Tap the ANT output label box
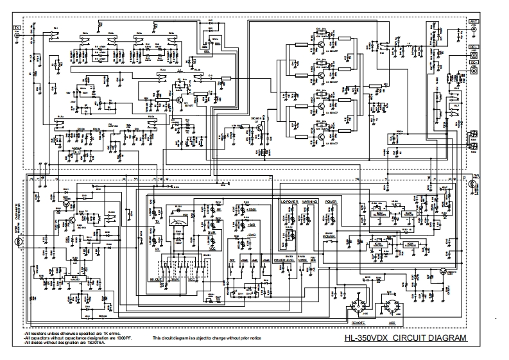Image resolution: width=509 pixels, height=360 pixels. (474, 21)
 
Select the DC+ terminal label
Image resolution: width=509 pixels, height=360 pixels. (474, 47)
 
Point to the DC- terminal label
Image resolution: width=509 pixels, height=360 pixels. (474, 63)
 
